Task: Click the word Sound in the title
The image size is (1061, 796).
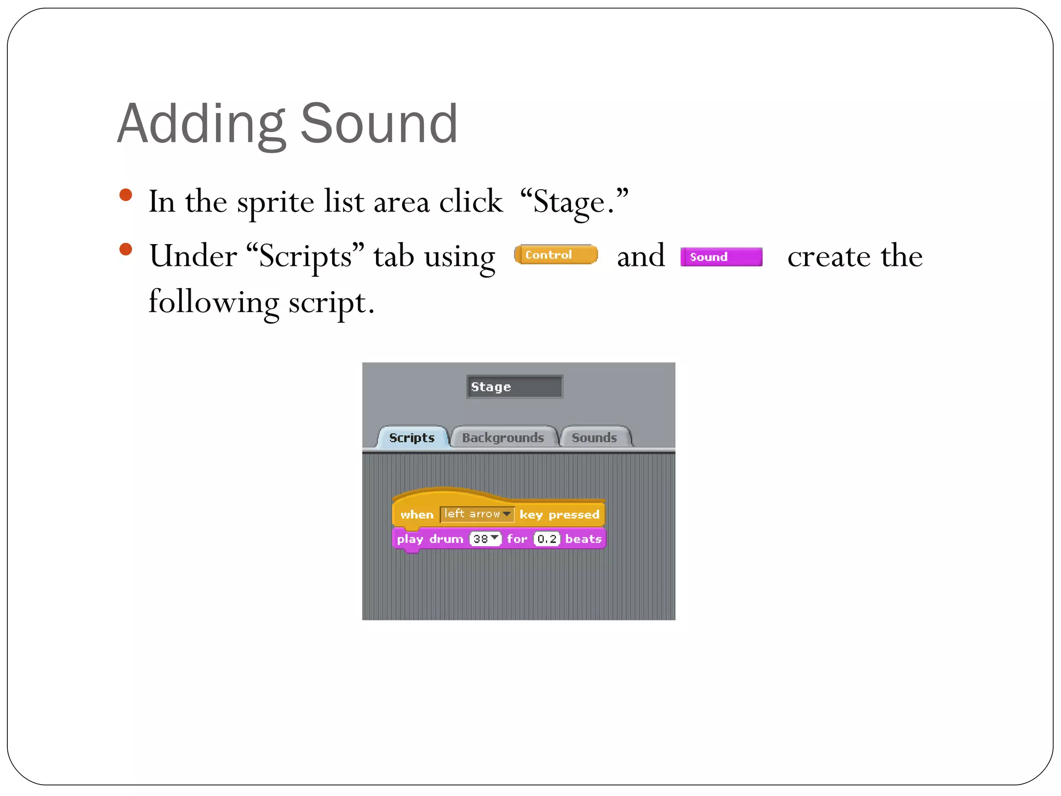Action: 379,124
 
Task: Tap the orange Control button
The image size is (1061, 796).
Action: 555,254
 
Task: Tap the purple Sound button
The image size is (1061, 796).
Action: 721,257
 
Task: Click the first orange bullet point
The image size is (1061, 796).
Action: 125,195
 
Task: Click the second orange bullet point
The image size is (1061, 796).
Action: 125,250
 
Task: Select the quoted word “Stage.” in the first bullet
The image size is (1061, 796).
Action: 574,202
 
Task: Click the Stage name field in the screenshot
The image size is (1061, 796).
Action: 514,387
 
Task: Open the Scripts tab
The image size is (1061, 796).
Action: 412,437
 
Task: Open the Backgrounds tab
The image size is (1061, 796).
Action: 503,437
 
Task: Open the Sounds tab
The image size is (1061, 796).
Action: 594,437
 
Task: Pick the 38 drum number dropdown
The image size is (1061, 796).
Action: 485,539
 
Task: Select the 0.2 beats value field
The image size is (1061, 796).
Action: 547,539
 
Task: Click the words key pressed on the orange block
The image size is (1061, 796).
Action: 559,515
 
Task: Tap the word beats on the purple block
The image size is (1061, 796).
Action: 583,539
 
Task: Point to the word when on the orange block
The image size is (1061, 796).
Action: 417,515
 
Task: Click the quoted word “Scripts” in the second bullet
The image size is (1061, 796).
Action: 305,256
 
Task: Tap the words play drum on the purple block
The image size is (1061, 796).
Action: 430,539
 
